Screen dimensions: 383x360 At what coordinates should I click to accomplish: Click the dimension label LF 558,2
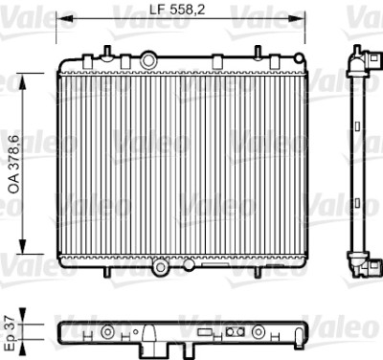177,10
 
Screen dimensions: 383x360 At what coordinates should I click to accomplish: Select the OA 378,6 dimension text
14,165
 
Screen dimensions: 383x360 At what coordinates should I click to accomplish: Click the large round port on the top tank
148,60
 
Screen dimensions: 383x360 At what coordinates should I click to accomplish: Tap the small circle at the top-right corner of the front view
299,58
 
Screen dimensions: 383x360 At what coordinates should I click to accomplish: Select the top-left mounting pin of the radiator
107,52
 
